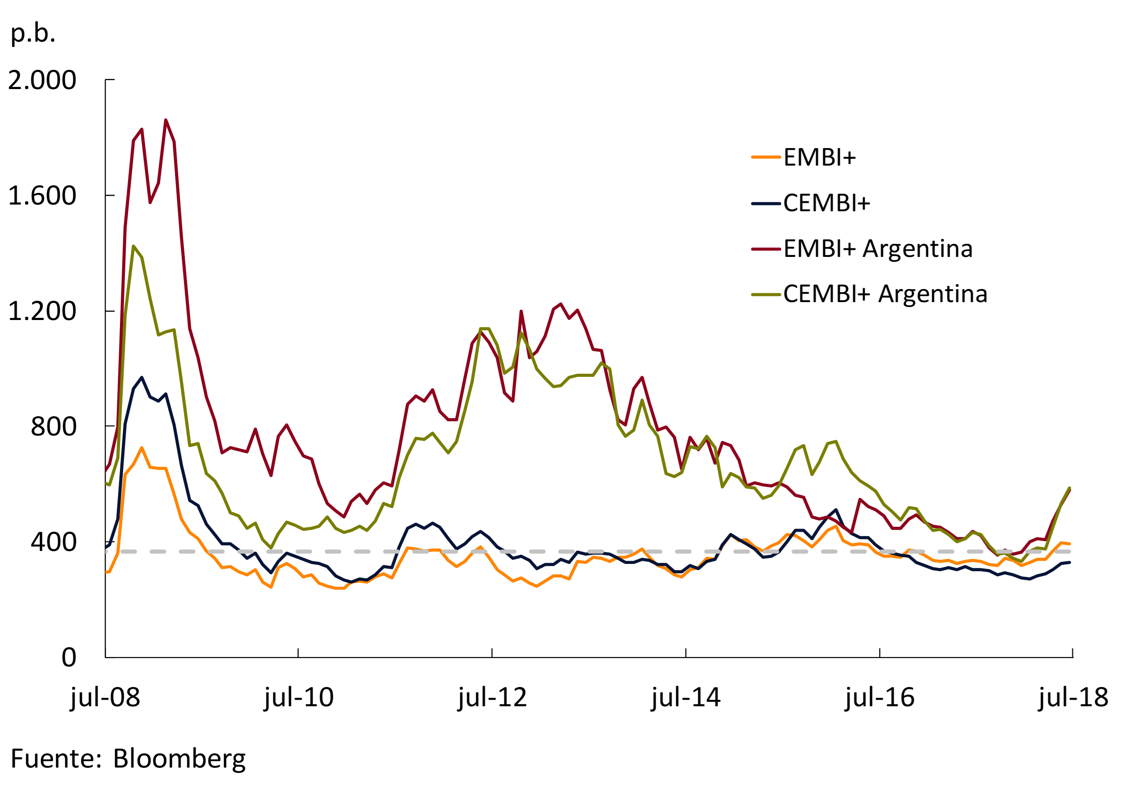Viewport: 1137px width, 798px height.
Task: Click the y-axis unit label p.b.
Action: point(33,34)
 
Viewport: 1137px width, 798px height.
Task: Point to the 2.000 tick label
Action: point(42,80)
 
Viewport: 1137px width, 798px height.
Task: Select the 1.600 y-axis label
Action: point(42,196)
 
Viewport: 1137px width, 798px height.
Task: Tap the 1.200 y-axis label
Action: point(42,312)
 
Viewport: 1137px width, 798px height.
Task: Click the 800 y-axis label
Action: point(53,427)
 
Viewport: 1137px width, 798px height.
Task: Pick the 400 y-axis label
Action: point(53,542)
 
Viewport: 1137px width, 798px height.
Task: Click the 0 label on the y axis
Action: point(69,658)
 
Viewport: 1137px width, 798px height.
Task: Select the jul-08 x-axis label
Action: point(106,697)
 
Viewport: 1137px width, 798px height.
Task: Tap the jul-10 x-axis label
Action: point(299,697)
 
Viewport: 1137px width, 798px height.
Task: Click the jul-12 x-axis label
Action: point(492,697)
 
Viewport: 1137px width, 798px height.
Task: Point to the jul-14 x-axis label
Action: point(686,697)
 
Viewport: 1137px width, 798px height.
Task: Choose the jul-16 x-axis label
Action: point(880,697)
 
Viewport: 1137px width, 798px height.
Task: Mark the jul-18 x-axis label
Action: point(1073,697)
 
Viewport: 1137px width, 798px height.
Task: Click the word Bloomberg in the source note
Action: point(179,759)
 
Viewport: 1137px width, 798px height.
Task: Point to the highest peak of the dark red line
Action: point(166,120)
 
